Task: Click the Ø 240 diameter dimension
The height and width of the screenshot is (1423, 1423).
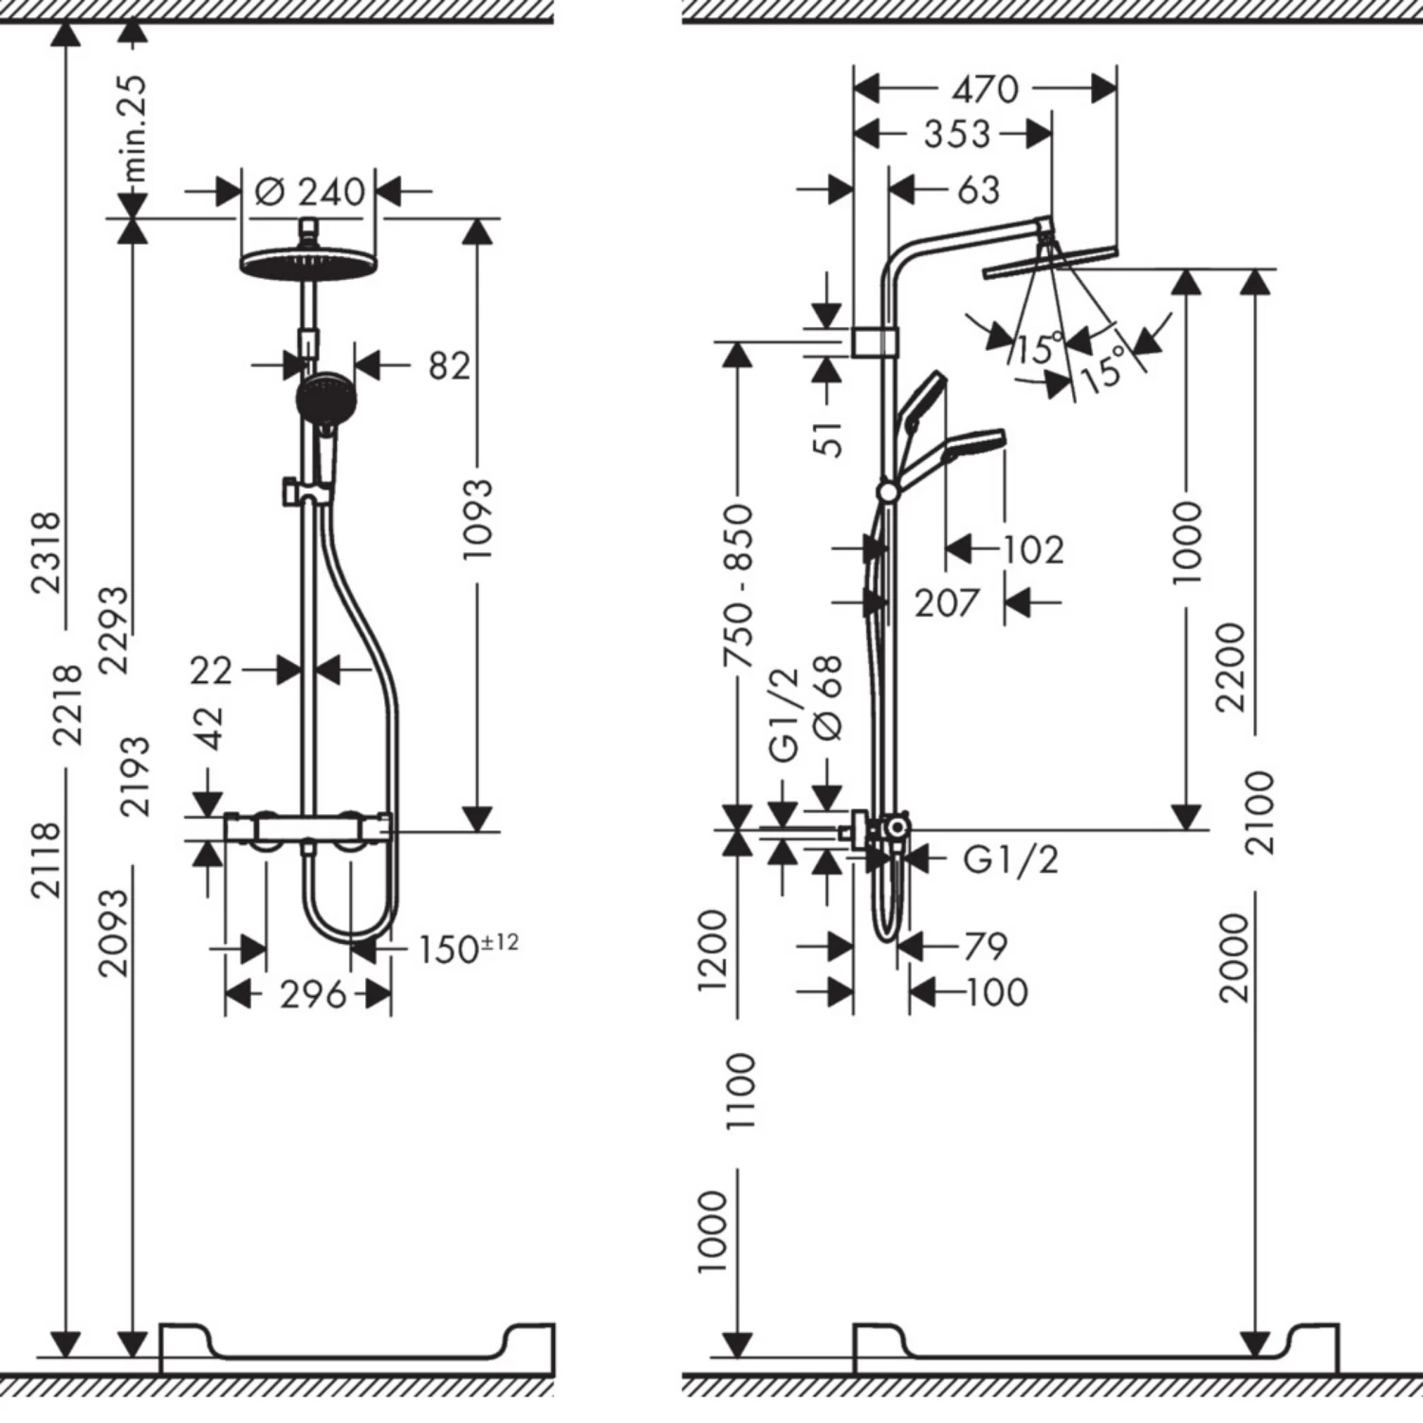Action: point(310,192)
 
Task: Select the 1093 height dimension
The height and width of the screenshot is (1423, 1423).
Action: point(478,518)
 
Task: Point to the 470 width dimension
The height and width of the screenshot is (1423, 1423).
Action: point(985,89)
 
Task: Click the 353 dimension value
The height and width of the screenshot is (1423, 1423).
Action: point(956,134)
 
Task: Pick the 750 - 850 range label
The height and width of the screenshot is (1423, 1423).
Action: point(738,585)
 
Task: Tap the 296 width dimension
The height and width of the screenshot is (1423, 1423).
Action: point(313,995)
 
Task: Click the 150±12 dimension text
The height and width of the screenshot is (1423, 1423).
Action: point(469,947)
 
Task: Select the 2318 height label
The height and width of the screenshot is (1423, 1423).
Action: point(46,552)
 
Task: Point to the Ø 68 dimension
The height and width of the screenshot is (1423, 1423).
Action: point(828,697)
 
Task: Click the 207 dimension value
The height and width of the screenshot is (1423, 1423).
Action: point(946,602)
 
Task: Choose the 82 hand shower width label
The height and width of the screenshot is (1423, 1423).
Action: point(449,365)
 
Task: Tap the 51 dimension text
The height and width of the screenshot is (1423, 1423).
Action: point(828,439)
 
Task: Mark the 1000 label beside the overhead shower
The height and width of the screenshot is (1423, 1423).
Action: point(1187,543)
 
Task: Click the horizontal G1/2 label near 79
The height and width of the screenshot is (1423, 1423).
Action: point(1009,859)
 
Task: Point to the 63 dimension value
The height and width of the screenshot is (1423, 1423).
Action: point(979,190)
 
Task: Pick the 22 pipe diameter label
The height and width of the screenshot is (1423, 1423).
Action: point(210,671)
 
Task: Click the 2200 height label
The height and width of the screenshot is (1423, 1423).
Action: point(1229,667)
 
